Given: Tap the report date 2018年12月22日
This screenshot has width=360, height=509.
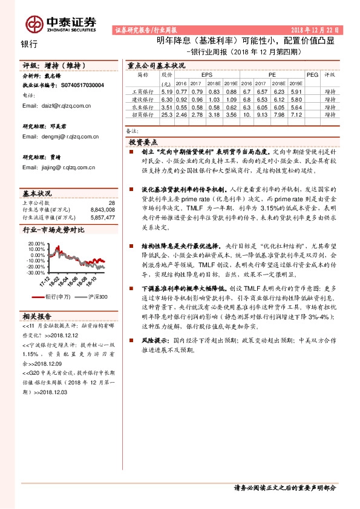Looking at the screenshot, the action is coord(317,30).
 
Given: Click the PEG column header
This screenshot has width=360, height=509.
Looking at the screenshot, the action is coord(312,74).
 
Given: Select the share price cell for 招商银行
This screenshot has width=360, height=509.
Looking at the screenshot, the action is coord(168,114).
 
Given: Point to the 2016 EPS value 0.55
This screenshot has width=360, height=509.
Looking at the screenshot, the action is coord(181,106).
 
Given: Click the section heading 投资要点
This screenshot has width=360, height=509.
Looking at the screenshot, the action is coord(145,141).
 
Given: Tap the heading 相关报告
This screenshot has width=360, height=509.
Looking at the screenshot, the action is coord(38,316).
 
